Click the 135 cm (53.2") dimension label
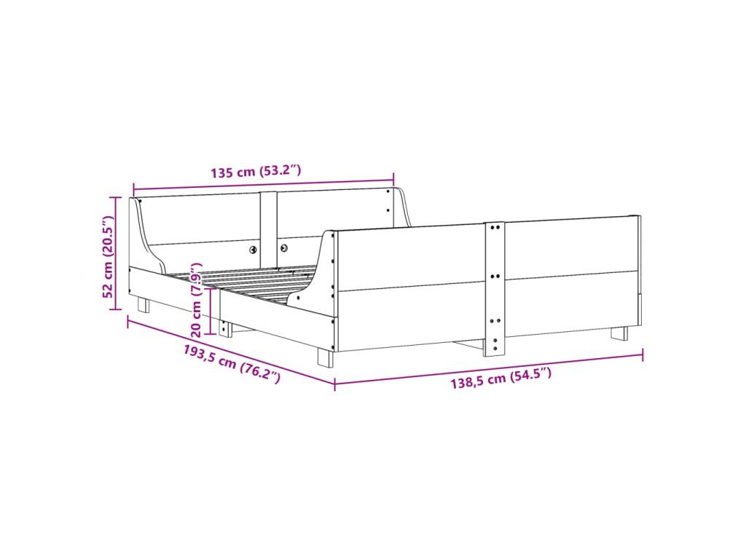256,171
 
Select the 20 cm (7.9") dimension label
197,298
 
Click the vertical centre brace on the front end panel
495,289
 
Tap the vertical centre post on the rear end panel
268,229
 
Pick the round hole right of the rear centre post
285,247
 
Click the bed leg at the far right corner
619,333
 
